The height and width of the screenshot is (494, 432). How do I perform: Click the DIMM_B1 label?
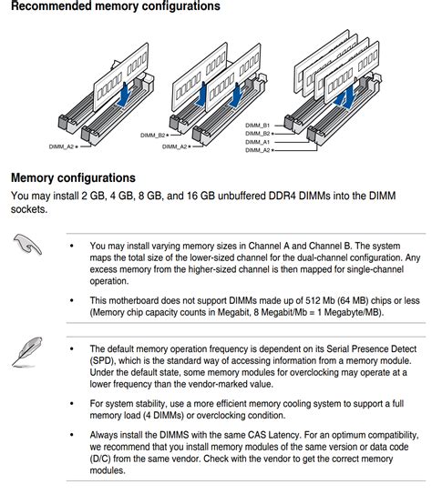[258, 126]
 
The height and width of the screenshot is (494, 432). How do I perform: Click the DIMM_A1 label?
[258, 142]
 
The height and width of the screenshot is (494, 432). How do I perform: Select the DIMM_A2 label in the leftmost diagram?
[61, 146]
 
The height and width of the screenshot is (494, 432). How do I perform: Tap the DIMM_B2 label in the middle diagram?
[153, 136]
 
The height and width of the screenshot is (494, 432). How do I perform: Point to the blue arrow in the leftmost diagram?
[124, 94]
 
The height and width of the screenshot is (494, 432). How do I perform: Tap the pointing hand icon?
[27, 244]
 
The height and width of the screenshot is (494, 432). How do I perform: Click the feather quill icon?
[27, 351]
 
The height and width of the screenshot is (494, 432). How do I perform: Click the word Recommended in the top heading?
[50, 6]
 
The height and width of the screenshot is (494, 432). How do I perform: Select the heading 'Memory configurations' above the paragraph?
[73, 178]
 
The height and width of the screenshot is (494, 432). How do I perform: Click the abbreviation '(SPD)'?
[100, 361]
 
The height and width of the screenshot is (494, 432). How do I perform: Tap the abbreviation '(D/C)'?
[100, 459]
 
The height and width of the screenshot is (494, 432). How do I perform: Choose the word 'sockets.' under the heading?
[29, 209]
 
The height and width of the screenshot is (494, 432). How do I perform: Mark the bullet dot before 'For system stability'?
[72, 404]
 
